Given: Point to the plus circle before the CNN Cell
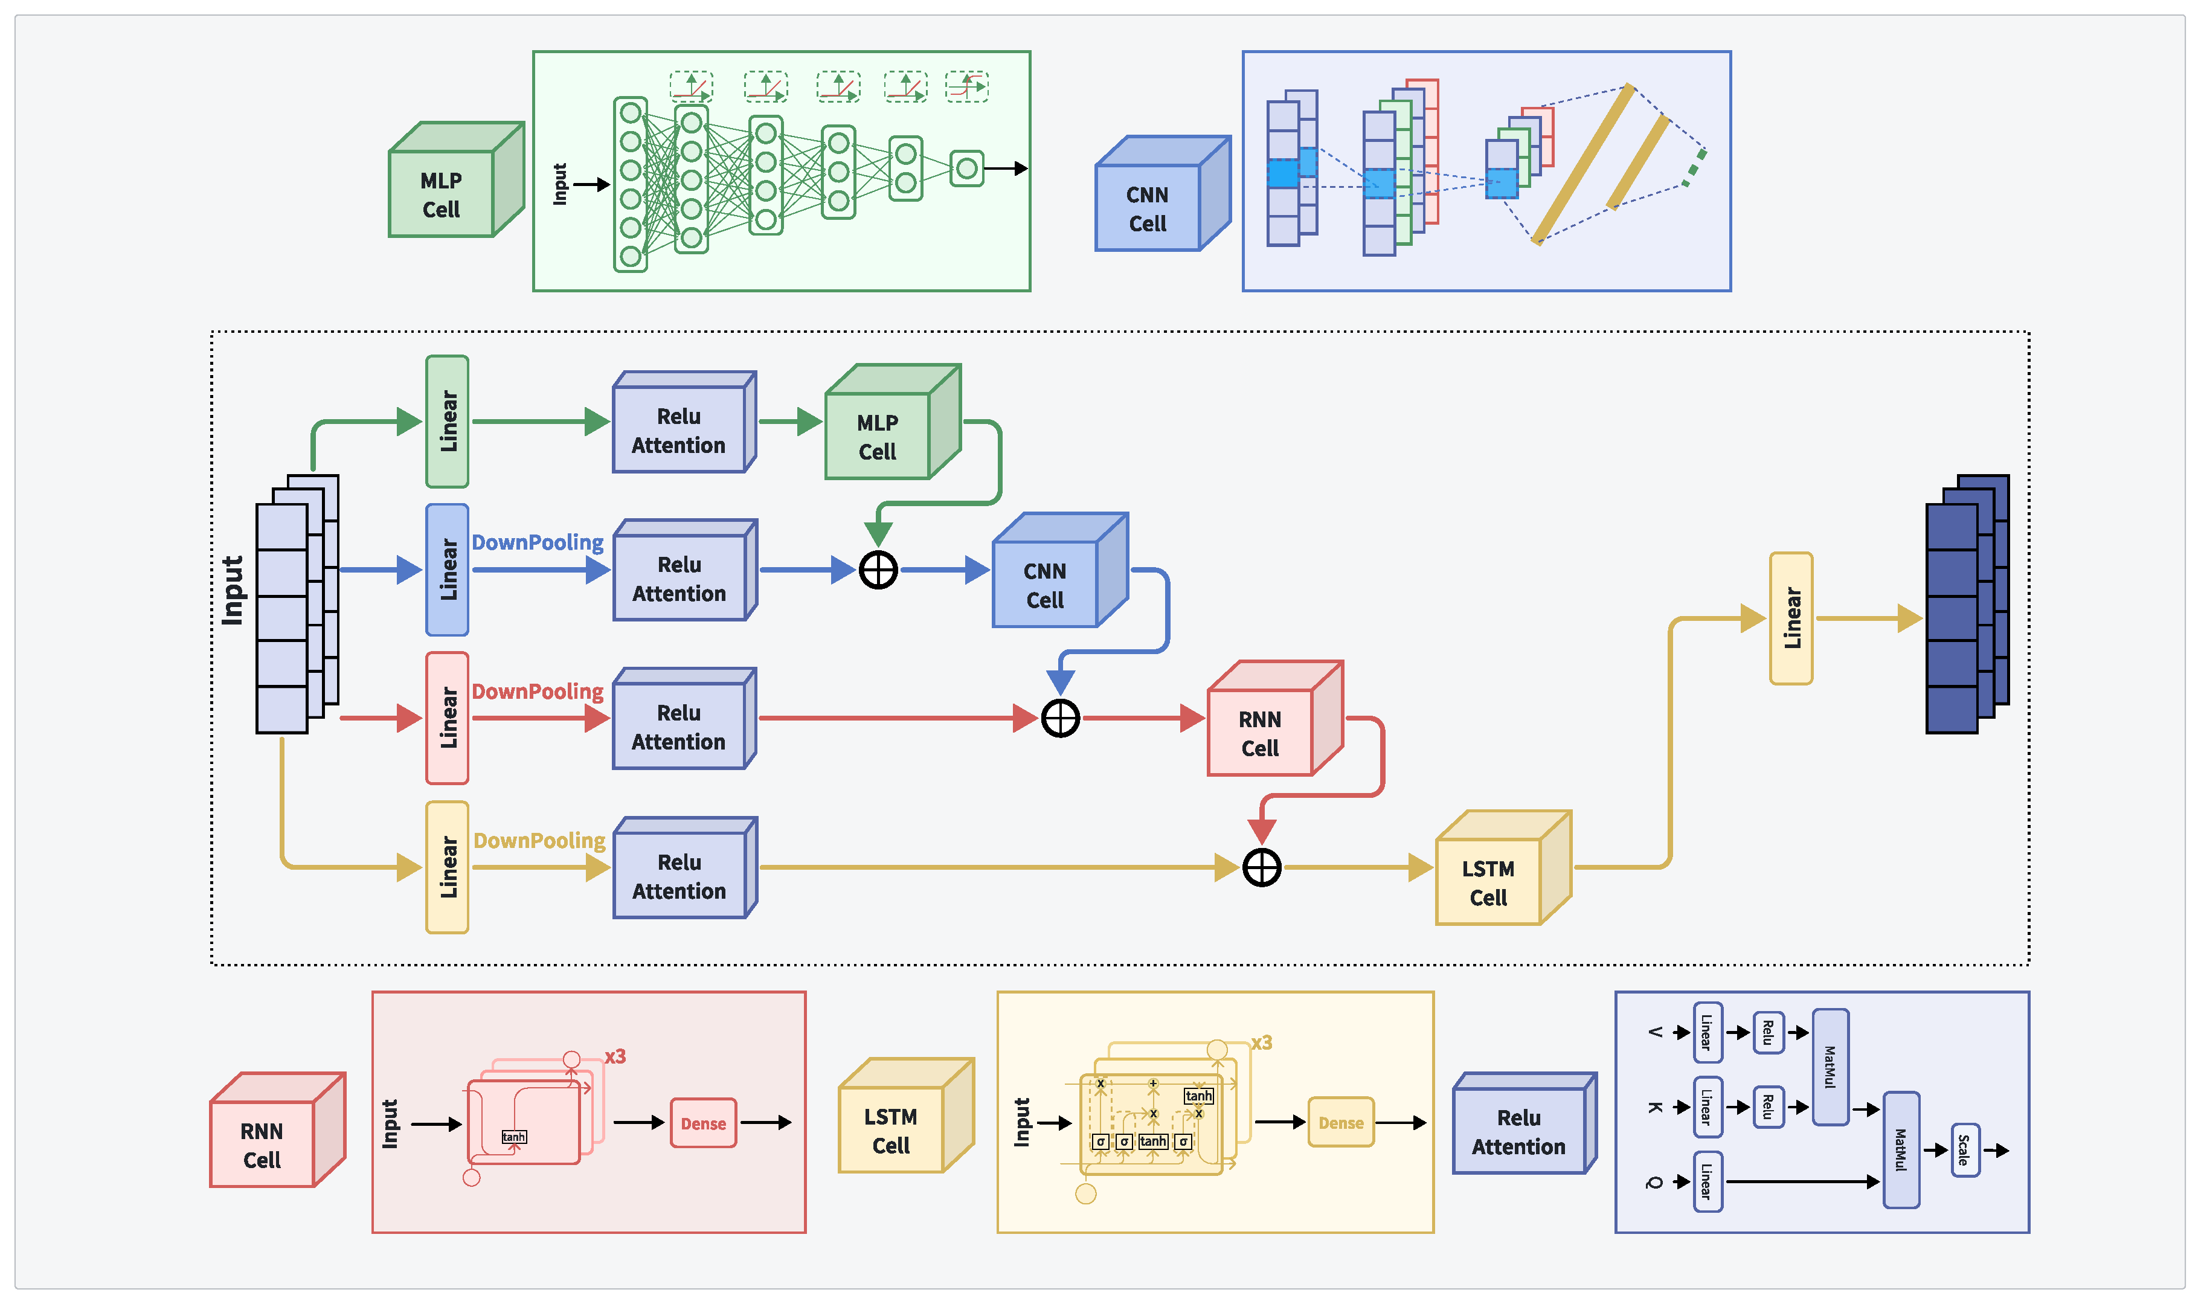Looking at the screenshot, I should (878, 570).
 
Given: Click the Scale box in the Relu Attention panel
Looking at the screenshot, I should (1964, 1149).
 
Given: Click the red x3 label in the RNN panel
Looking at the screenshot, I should (615, 1055).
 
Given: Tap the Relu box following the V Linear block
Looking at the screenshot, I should (1767, 1032).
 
